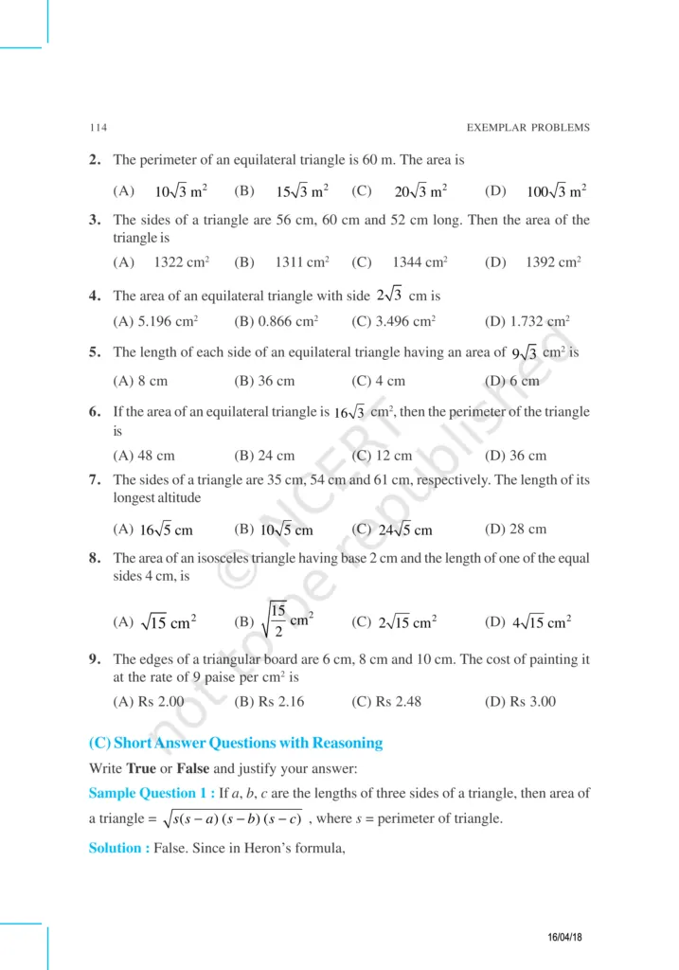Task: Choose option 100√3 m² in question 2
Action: pos(556,191)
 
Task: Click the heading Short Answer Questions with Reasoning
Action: pos(248,743)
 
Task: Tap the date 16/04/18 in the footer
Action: pos(565,937)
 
